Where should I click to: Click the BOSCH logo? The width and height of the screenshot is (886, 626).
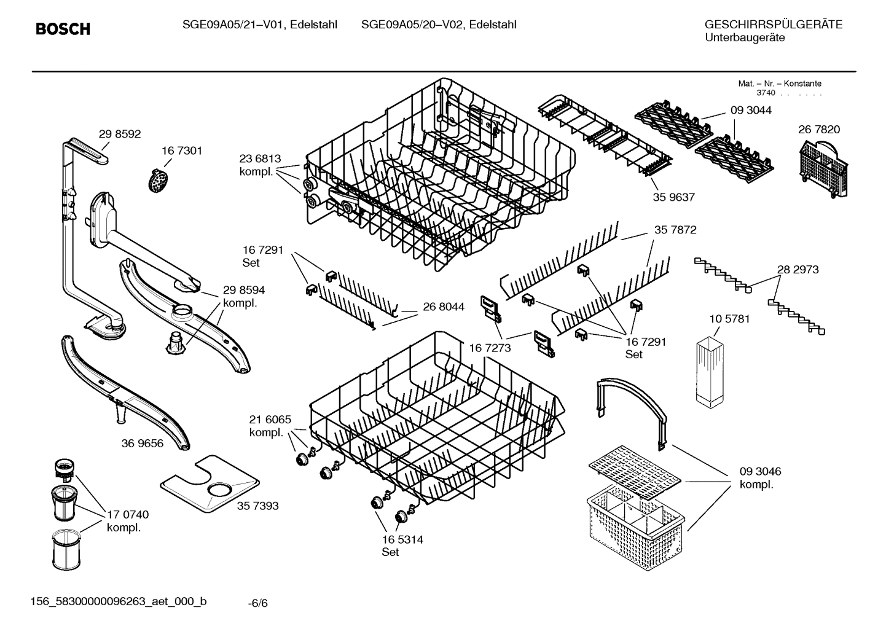coord(63,29)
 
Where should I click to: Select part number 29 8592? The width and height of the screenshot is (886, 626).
coord(120,134)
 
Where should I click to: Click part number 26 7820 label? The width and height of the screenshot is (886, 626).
coord(819,130)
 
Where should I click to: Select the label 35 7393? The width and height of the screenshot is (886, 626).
coord(257,506)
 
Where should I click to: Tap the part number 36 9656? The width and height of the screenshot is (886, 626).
coord(143,443)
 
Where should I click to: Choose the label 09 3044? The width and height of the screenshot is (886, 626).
coord(751,111)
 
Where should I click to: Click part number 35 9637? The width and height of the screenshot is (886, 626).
coord(673,197)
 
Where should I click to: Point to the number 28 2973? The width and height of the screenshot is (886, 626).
coord(798,270)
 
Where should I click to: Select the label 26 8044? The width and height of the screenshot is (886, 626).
coord(443,307)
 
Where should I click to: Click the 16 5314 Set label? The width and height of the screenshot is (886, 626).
coord(402,546)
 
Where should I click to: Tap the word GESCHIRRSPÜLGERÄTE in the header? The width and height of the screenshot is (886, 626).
coord(773,25)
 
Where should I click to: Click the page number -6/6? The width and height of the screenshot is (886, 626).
coord(258,603)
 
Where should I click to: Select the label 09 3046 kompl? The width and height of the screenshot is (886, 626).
coord(760,478)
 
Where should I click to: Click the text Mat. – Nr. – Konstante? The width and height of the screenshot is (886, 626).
coord(779,84)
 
